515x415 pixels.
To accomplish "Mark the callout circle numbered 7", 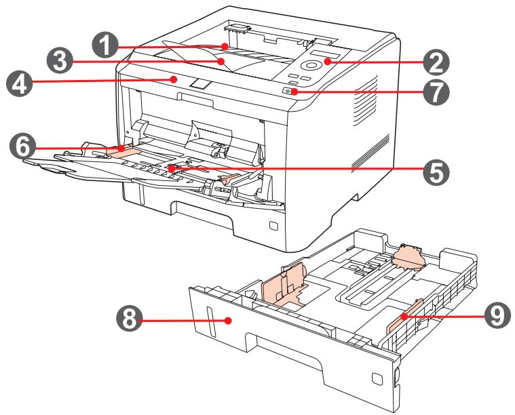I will click(x=433, y=92).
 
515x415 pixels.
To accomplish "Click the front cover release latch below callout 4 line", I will click(x=201, y=84).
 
